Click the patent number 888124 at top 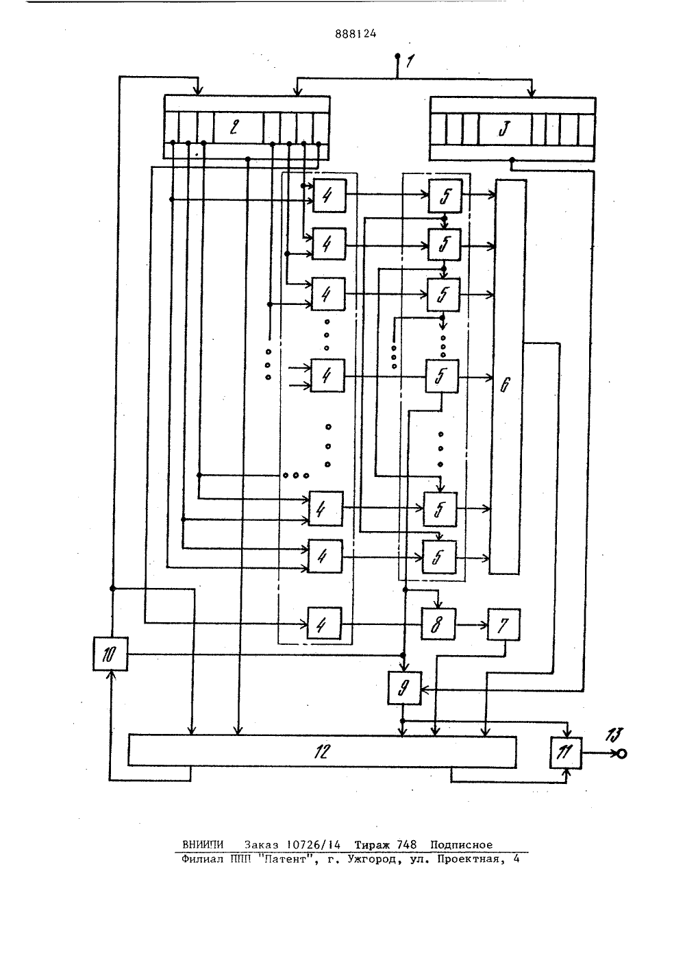pyautogui.click(x=356, y=34)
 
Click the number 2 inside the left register pyautogui.click(x=234, y=127)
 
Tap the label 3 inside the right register pyautogui.click(x=503, y=128)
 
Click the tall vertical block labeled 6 pyautogui.click(x=507, y=376)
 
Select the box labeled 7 pyautogui.click(x=503, y=624)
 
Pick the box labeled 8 pyautogui.click(x=438, y=624)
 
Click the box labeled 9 pyautogui.click(x=404, y=688)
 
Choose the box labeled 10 pyautogui.click(x=110, y=654)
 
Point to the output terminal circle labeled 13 pyautogui.click(x=622, y=754)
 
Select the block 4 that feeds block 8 pyautogui.click(x=324, y=624)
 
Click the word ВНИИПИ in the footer pyautogui.click(x=203, y=844)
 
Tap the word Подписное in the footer pyautogui.click(x=461, y=845)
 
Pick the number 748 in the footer pyautogui.click(x=406, y=844)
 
